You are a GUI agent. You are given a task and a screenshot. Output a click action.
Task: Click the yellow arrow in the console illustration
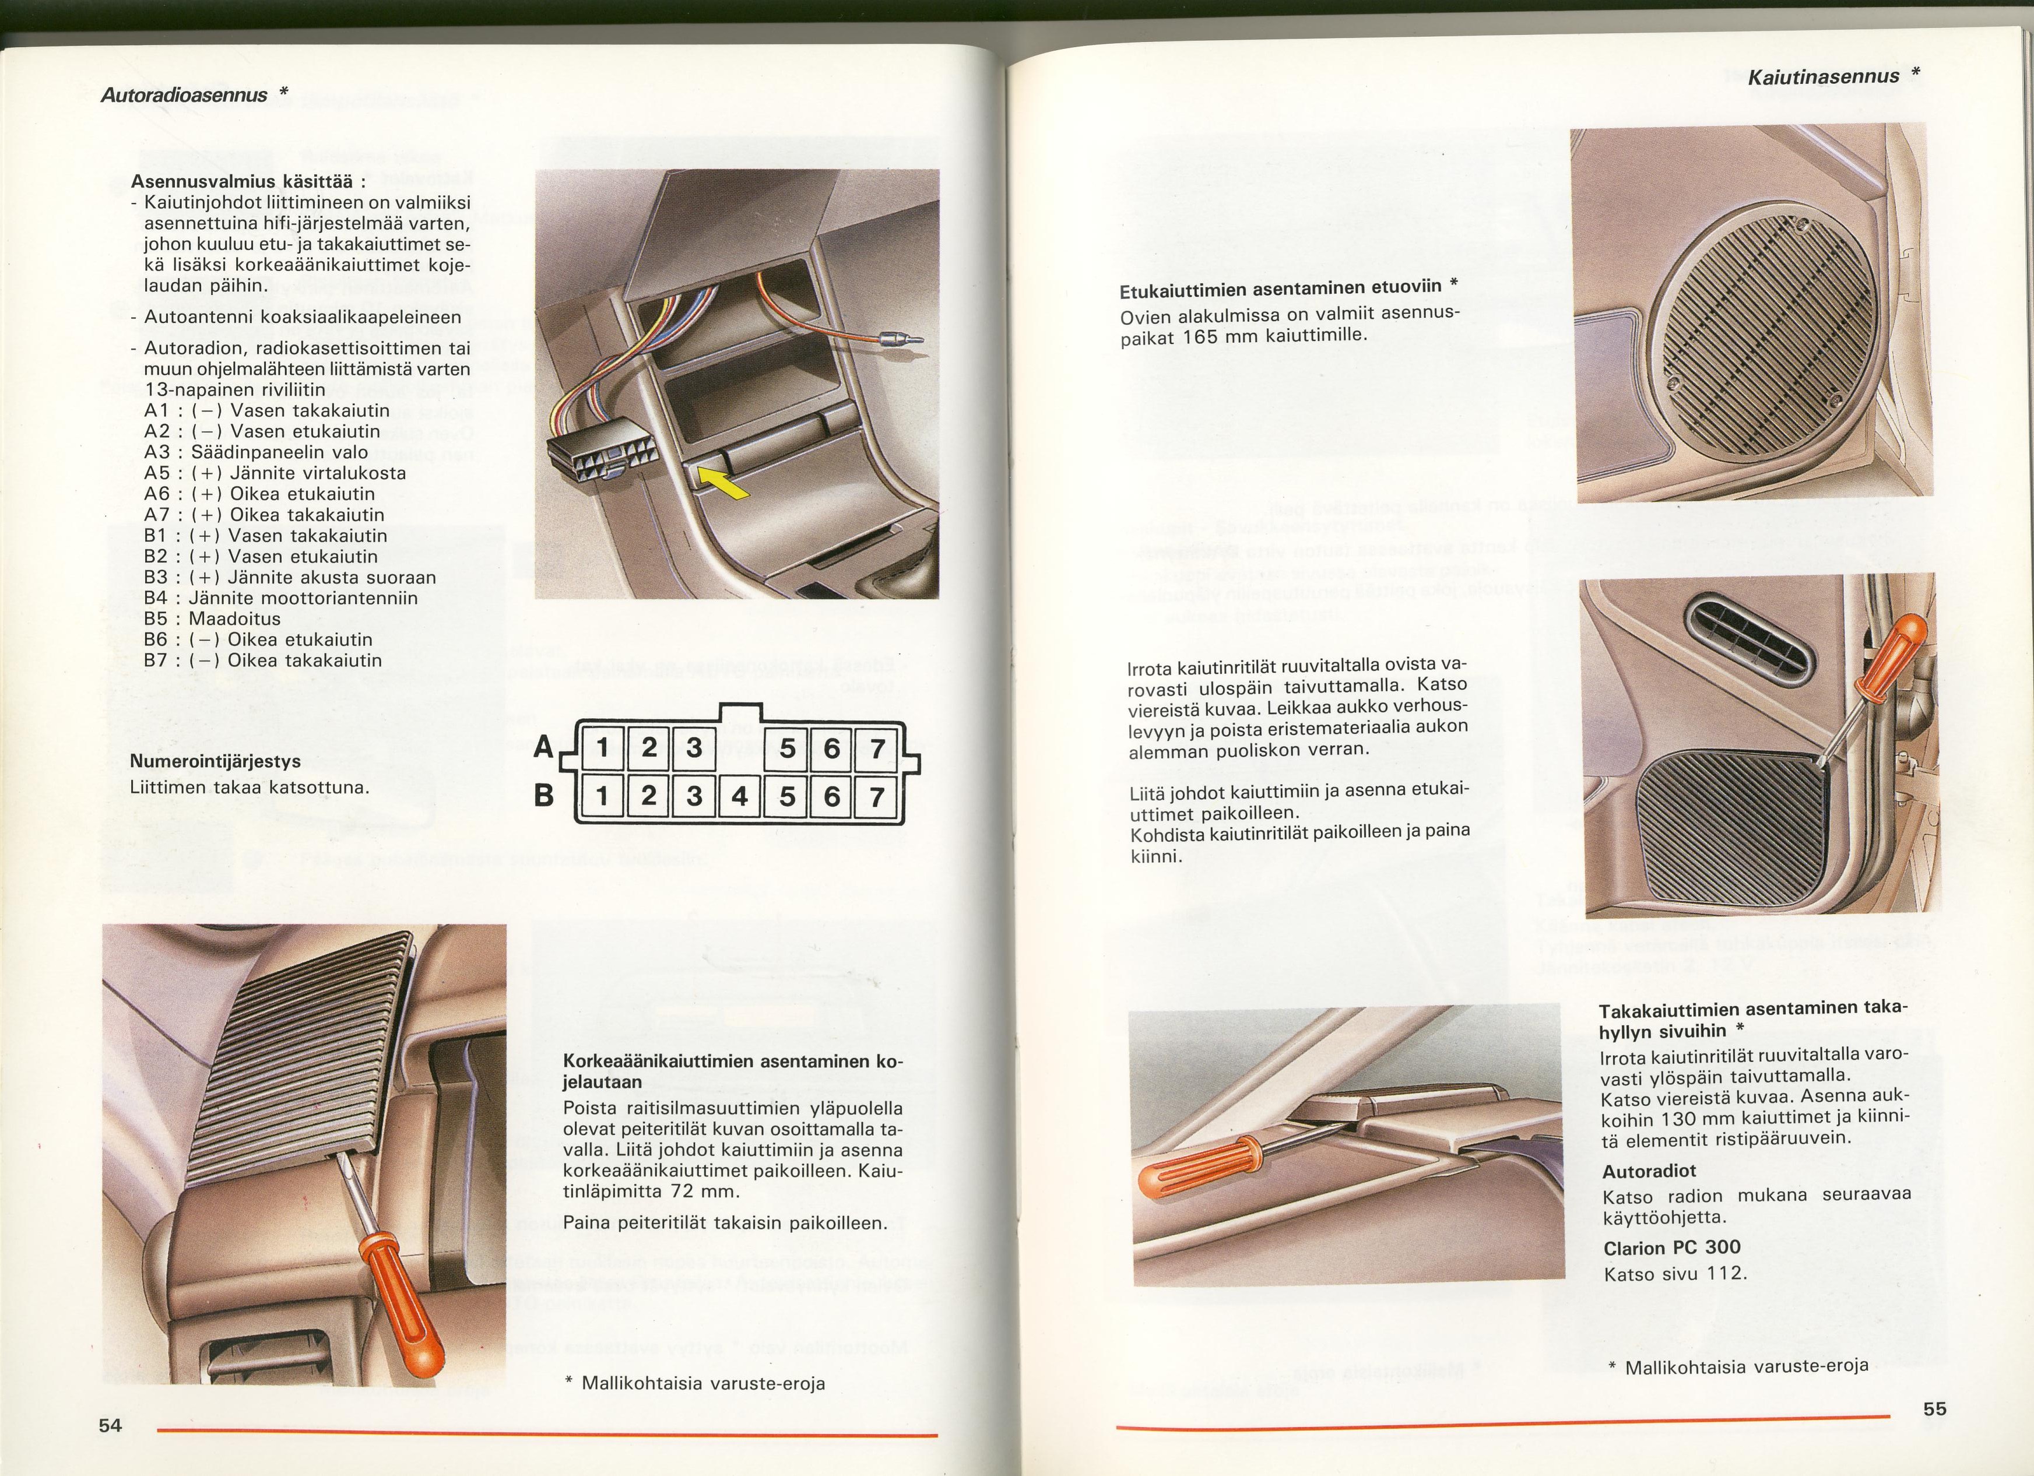click(723, 484)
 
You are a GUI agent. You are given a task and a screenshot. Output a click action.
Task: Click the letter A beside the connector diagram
click(543, 747)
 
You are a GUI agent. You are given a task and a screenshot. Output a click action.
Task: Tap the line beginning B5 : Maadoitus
click(212, 618)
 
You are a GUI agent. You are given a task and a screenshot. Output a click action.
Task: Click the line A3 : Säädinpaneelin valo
click(255, 452)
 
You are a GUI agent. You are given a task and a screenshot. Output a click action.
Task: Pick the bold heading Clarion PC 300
click(1672, 1247)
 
